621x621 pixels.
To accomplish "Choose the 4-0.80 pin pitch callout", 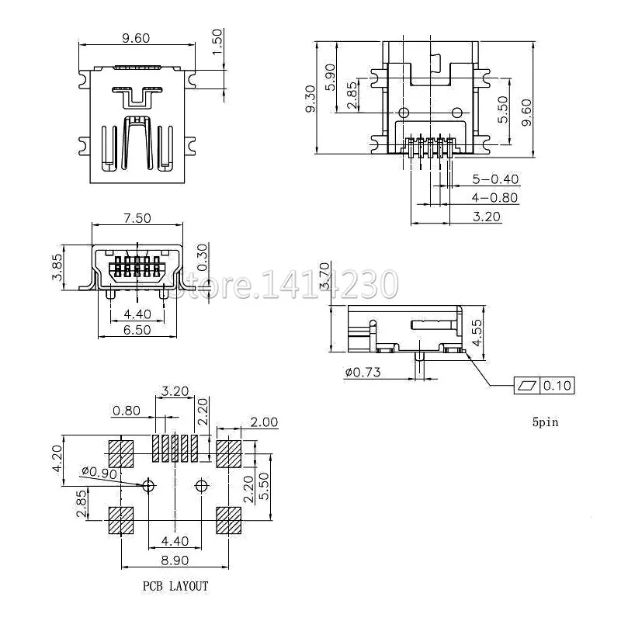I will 494,197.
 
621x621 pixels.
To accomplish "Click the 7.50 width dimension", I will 137,218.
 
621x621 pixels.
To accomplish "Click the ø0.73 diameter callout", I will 362,373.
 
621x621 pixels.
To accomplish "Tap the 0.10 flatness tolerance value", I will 556,386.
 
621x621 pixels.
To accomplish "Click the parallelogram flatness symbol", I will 526,386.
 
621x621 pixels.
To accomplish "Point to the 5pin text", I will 545,423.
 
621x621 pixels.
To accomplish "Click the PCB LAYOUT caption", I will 175,586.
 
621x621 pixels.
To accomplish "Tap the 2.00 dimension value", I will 264,422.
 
